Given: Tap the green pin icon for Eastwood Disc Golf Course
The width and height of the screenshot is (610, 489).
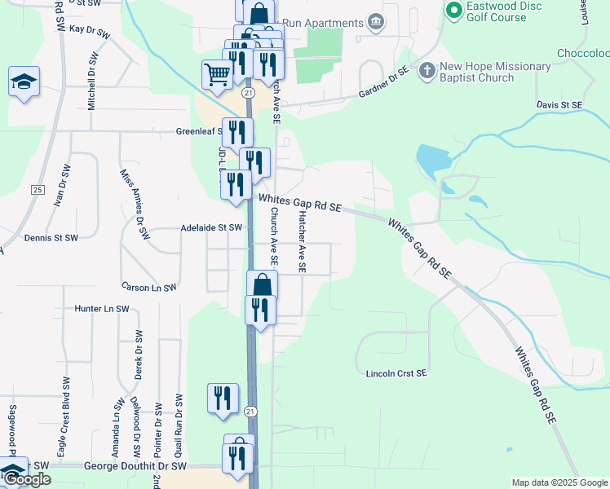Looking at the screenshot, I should point(454,11).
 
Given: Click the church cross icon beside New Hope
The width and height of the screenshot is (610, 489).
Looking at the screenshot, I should point(426,71).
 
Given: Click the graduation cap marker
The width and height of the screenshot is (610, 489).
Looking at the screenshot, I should point(24,82).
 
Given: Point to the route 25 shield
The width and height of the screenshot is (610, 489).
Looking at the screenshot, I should point(37,190).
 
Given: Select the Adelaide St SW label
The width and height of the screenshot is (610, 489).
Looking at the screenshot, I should point(212,227).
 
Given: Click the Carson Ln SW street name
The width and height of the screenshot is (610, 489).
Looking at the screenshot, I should point(148,288).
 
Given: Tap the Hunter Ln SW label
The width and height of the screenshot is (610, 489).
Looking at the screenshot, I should point(102,309).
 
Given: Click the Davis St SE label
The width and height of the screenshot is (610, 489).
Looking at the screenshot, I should point(559,105).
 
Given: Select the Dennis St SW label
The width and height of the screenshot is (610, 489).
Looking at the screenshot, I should point(51,238).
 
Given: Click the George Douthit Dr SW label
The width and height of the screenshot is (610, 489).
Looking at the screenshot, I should point(135,466).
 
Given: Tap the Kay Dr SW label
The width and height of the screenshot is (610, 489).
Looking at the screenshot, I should point(90,29).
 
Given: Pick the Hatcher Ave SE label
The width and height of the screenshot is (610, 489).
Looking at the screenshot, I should point(302,241).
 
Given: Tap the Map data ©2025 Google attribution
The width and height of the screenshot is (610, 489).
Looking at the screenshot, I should point(559,482).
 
